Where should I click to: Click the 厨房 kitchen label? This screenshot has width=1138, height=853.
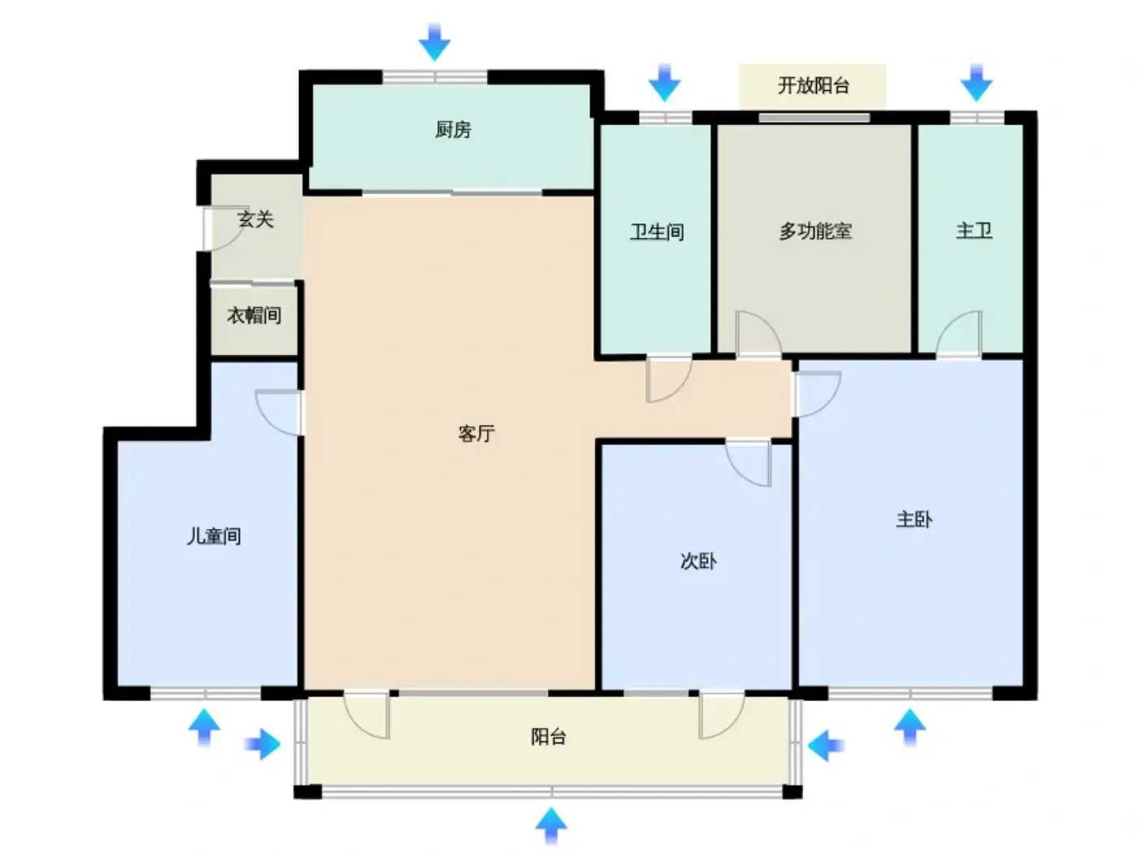coord(453,129)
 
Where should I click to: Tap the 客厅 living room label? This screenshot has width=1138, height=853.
coord(476,433)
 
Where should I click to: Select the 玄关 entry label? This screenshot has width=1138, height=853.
coord(255,219)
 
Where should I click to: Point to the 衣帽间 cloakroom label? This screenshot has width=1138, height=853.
coord(254,315)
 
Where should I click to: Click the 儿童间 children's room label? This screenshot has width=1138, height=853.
coord(214,535)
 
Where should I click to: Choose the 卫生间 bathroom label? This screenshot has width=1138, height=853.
coord(656,232)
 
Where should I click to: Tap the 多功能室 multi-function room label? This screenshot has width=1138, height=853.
coord(815,231)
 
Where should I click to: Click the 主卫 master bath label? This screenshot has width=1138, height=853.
coord(974,231)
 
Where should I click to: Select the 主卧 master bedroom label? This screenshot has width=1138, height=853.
coord(914,519)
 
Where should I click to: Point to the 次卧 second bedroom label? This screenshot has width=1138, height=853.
coord(697,561)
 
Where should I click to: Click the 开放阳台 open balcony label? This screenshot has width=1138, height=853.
coord(813,85)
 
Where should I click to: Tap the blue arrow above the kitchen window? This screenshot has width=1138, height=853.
coord(434,42)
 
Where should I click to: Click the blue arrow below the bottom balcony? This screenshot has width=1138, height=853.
coord(550,825)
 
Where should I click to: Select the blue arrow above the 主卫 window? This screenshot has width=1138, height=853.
coord(976,83)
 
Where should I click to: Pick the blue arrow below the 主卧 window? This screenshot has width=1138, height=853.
coord(910,727)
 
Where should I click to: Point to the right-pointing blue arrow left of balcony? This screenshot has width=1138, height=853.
coord(263,744)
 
